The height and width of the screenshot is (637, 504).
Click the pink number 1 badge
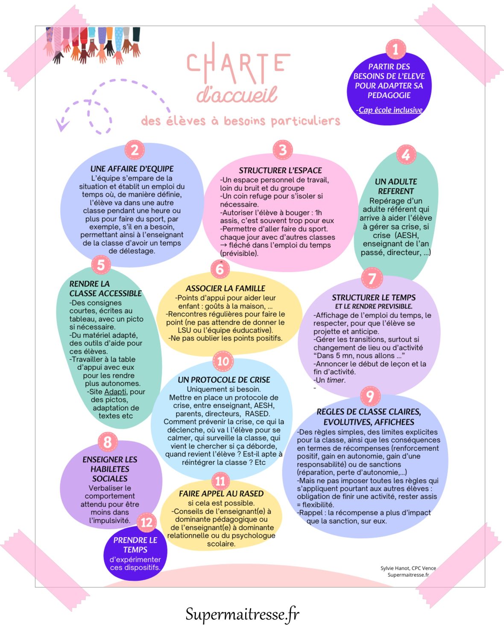[396, 49]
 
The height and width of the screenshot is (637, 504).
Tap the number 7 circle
[372, 278]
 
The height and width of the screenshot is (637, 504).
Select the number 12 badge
[147, 523]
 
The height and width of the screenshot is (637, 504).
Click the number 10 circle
[223, 361]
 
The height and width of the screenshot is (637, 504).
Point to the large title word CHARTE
[238, 63]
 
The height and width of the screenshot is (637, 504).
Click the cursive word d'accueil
[237, 95]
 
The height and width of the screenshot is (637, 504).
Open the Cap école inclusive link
[390, 110]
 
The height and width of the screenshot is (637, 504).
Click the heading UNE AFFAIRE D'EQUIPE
[132, 169]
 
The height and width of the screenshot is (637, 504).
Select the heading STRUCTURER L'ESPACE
[280, 171]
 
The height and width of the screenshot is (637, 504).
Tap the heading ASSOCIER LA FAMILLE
[225, 288]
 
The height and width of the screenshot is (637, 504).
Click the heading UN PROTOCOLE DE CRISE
[224, 380]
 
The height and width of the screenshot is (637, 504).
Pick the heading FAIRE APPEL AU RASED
[221, 494]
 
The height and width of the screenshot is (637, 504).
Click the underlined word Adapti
[115, 392]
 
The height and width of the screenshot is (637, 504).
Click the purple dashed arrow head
[62, 125]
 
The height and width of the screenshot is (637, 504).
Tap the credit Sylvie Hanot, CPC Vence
[408, 568]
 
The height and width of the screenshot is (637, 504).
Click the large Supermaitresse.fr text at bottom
[242, 614]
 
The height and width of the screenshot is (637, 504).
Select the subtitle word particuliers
[305, 121]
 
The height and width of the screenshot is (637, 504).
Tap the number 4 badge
[406, 154]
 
